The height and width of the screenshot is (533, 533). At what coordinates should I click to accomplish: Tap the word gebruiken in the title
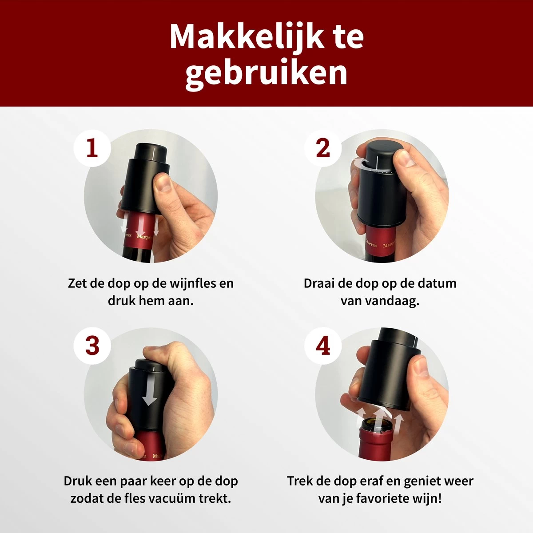coord(266,73)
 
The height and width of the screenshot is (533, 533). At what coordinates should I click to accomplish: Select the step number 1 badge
coord(92,148)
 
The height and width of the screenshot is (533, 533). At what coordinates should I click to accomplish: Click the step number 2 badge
coord(323,148)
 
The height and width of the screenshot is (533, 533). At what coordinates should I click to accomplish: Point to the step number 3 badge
coord(92,346)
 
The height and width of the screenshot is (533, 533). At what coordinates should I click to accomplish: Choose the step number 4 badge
coord(323,346)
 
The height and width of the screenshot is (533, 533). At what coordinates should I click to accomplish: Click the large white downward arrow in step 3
coord(150,387)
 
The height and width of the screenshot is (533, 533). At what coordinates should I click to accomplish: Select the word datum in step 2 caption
coord(437,283)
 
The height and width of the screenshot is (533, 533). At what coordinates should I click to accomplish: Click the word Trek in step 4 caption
coord(302,481)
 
